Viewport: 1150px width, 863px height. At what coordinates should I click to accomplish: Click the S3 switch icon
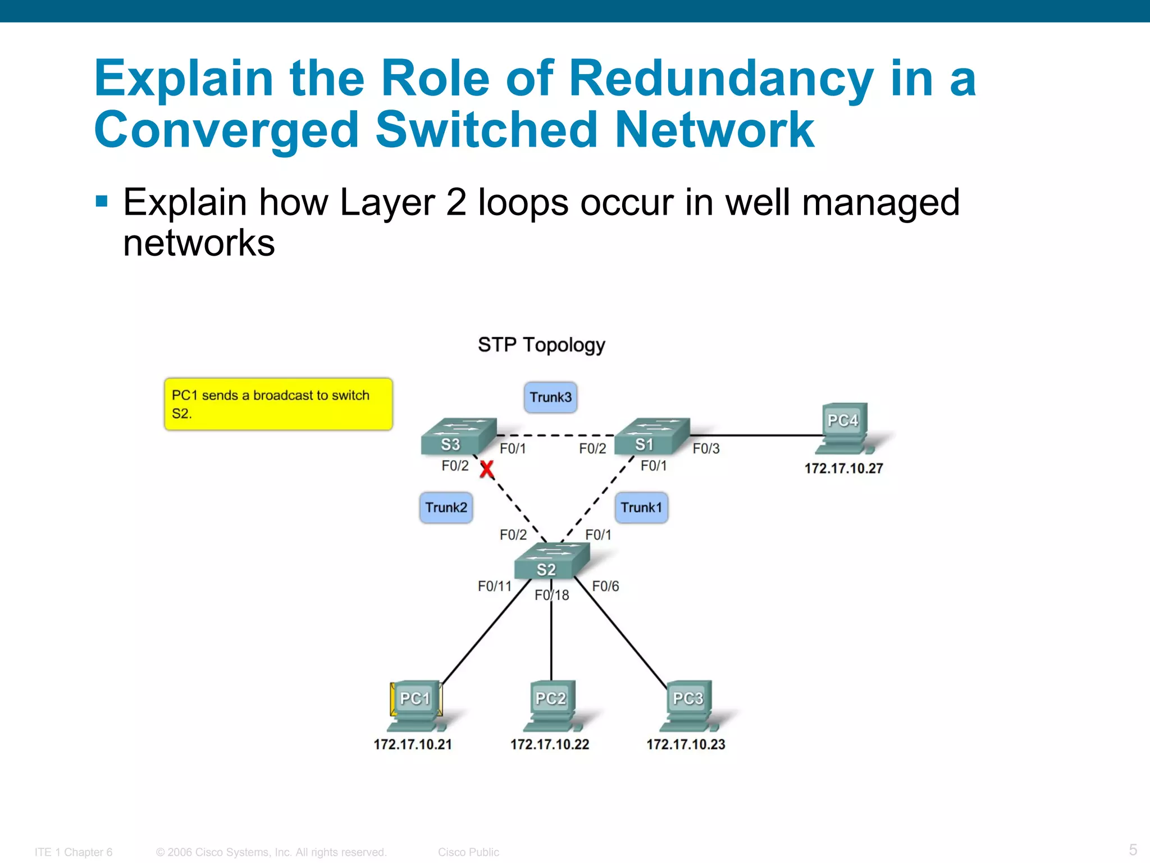pos(458,437)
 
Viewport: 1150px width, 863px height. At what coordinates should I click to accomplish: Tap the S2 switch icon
pos(551,561)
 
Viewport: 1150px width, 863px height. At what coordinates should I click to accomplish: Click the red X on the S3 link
pos(487,469)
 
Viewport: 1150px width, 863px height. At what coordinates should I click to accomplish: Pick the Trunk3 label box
pos(550,397)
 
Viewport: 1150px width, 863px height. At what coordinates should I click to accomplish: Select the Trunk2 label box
pos(446,507)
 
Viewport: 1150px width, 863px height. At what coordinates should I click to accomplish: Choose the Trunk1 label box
pos(641,507)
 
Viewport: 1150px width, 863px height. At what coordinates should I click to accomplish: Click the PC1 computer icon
pos(416,705)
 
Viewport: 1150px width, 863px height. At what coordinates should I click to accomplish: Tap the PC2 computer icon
pos(551,705)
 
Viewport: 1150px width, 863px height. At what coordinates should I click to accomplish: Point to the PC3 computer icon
pos(688,705)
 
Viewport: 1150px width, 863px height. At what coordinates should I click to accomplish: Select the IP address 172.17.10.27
pos(843,468)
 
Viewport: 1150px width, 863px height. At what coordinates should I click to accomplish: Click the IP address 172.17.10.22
pos(549,744)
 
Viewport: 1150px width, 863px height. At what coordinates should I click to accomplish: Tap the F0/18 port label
pos(551,595)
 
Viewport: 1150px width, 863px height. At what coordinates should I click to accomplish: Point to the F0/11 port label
pos(494,586)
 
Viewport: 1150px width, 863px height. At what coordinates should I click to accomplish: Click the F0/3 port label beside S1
pos(706,448)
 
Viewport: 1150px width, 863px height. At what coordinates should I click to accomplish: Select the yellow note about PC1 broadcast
pos(278,404)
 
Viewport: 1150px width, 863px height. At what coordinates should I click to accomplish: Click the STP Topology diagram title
pos(541,344)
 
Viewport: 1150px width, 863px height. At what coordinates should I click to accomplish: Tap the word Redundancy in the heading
pos(721,79)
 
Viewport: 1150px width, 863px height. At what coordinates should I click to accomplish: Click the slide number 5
pos(1133,849)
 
